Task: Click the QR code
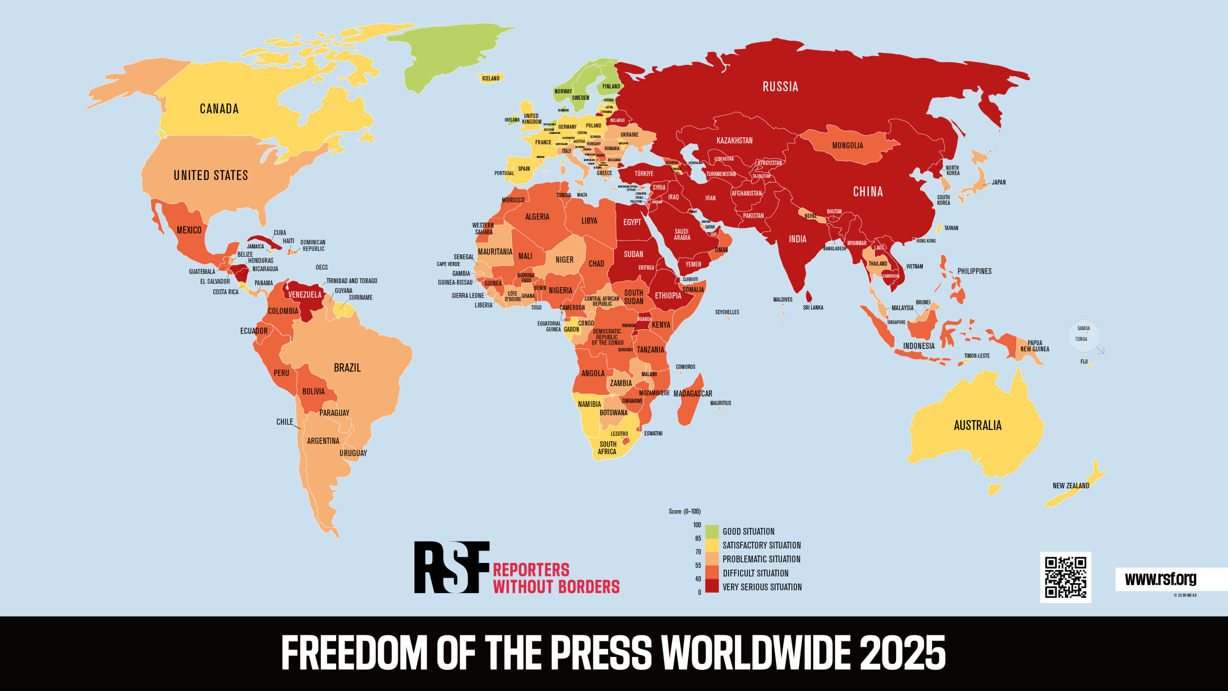(x=1065, y=577)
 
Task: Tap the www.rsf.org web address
(x=1160, y=579)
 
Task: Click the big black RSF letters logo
(x=451, y=567)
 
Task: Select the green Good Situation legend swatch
(x=712, y=532)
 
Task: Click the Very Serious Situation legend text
(x=762, y=587)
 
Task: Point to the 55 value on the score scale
(x=698, y=565)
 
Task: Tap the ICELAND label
(x=491, y=78)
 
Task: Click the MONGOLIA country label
(x=848, y=145)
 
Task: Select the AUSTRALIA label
(x=978, y=426)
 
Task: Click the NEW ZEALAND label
(x=1071, y=486)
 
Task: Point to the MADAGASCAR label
(x=693, y=393)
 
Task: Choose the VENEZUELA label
(x=305, y=295)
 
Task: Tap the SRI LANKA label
(x=813, y=308)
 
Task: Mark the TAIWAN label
(x=951, y=228)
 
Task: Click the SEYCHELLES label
(x=727, y=312)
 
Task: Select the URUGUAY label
(x=353, y=453)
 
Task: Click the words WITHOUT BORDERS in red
(x=556, y=587)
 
